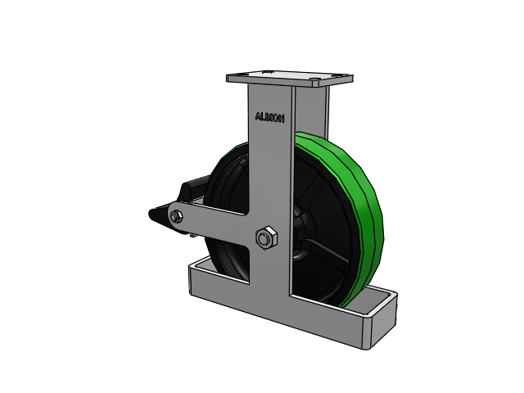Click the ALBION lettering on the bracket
point(269,118)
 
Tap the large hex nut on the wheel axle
point(266,238)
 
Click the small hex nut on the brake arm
point(176,217)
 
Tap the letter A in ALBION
point(258,116)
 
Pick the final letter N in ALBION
point(281,119)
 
